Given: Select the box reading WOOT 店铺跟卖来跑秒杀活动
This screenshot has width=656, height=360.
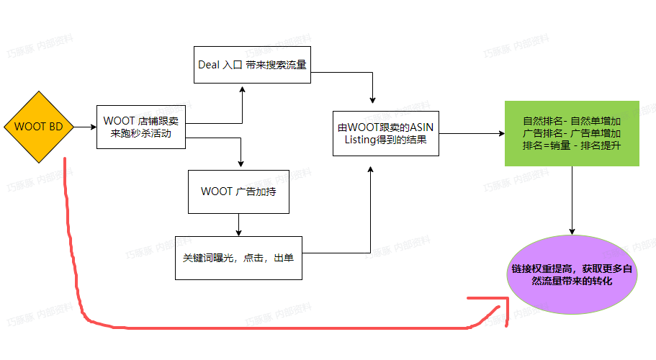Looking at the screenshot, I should pyautogui.click(x=140, y=127).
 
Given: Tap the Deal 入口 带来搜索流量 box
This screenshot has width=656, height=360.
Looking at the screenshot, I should pyautogui.click(x=252, y=64).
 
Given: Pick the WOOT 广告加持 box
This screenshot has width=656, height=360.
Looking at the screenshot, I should pyautogui.click(x=238, y=192).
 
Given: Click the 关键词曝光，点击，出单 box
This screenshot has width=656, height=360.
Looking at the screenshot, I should pyautogui.click(x=238, y=257).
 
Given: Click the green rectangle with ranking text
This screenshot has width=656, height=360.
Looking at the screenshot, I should pyautogui.click(x=572, y=133).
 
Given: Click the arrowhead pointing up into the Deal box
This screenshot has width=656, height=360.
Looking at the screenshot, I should pyautogui.click(x=242, y=89).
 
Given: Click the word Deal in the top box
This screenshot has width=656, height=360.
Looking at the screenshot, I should pyautogui.click(x=209, y=64).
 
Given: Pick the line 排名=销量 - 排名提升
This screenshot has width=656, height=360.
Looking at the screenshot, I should pyautogui.click(x=572, y=145).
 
